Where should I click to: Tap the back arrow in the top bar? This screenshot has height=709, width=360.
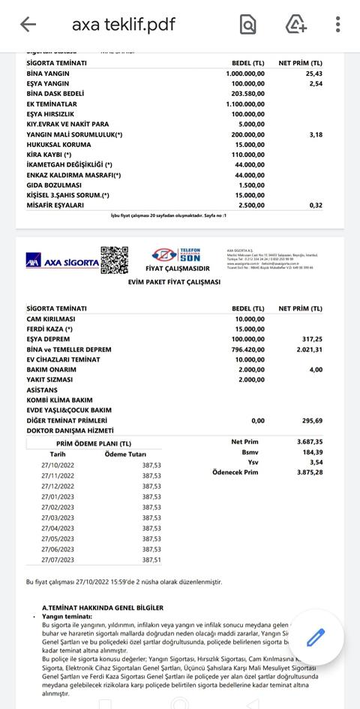pyautogui.click(x=28, y=25)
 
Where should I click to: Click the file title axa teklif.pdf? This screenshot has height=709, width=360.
pyautogui.click(x=123, y=25)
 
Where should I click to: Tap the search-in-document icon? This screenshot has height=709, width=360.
pyautogui.click(x=247, y=25)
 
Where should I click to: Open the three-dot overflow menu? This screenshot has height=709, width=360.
pyautogui.click(x=338, y=25)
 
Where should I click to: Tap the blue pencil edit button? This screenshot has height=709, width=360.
pyautogui.click(x=316, y=638)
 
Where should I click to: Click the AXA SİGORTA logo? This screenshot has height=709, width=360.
pyautogui.click(x=61, y=263)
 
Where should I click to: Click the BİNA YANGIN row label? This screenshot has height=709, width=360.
pyautogui.click(x=48, y=74)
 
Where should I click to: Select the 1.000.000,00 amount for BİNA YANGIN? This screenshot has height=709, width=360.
pyautogui.click(x=245, y=74)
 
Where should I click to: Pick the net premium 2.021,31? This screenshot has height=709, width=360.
pyautogui.click(x=308, y=350)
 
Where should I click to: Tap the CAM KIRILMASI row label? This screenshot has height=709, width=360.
pyautogui.click(x=50, y=319)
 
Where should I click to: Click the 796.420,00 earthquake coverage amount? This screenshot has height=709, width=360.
pyautogui.click(x=247, y=350)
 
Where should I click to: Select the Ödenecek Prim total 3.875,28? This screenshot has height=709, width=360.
pyautogui.click(x=309, y=473)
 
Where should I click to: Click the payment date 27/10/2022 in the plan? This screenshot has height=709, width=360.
pyautogui.click(x=58, y=465)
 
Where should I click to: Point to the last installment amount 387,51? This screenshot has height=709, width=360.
pyautogui.click(x=151, y=560)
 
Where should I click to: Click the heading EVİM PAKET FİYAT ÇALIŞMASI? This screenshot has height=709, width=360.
pyautogui.click(x=174, y=282)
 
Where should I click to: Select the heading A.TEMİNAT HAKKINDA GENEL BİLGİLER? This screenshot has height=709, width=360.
pyautogui.click(x=103, y=608)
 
